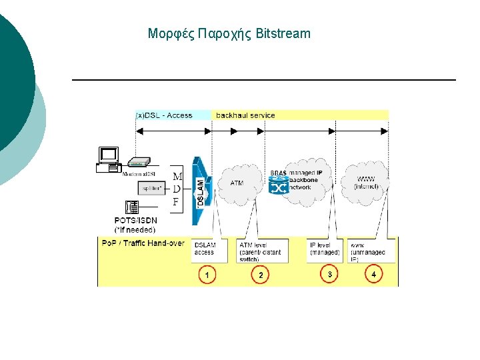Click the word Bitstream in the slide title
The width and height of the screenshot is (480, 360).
click(x=283, y=33)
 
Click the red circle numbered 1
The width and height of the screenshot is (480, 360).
click(x=207, y=275)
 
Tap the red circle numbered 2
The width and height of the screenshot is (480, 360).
click(x=260, y=275)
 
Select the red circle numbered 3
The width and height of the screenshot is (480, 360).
click(x=329, y=274)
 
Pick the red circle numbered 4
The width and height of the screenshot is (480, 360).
click(x=374, y=274)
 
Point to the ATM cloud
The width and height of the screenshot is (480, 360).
click(x=237, y=182)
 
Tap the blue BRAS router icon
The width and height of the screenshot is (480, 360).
click(x=278, y=186)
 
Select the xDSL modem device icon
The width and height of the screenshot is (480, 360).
click(x=139, y=163)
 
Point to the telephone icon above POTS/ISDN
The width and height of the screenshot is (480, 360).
click(x=131, y=207)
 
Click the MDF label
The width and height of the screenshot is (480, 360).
click(x=177, y=189)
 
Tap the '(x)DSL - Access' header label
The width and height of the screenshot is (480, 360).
click(x=164, y=115)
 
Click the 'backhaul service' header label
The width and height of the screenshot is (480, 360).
click(x=245, y=115)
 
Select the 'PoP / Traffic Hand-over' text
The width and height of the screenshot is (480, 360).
click(x=143, y=243)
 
